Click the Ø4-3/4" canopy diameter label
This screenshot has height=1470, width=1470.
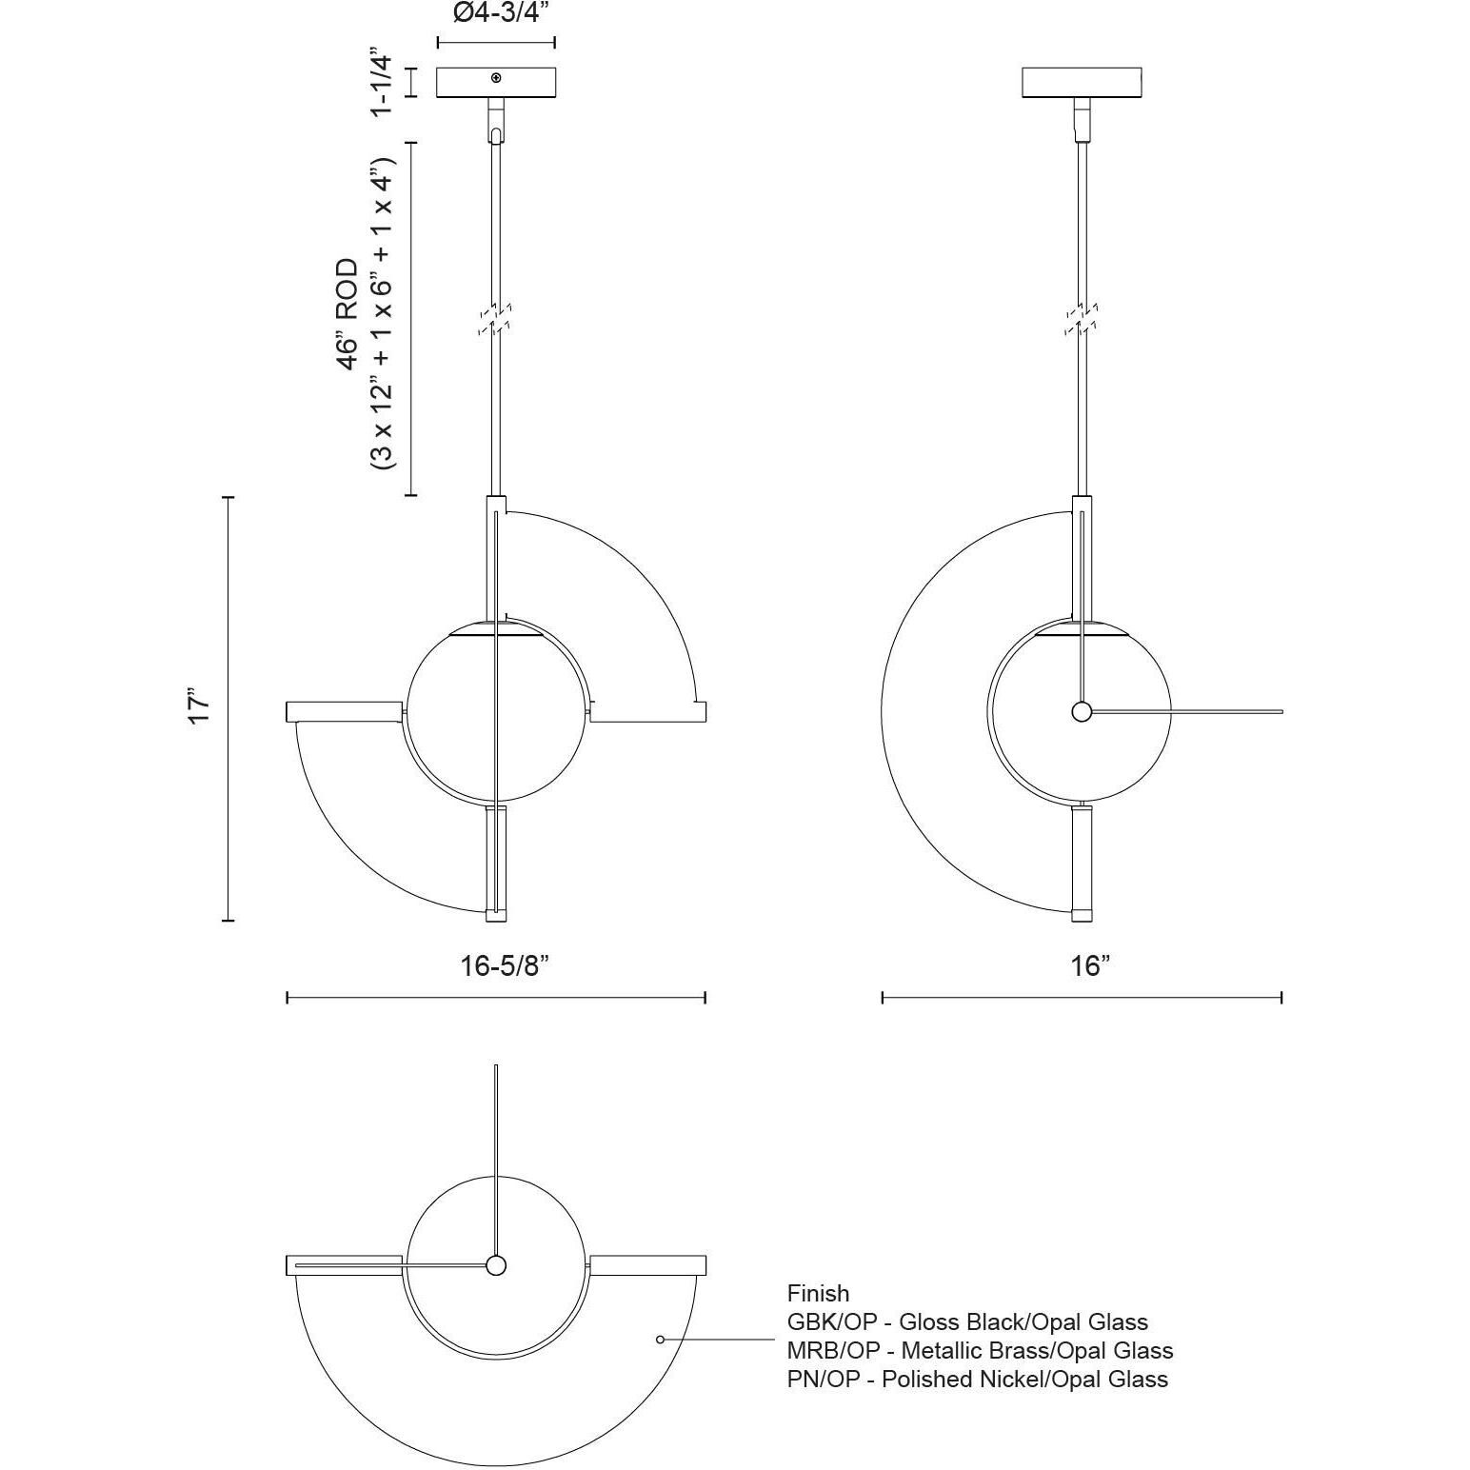[495, 14]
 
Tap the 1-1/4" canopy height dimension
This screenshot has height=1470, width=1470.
[381, 81]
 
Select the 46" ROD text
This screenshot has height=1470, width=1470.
[348, 314]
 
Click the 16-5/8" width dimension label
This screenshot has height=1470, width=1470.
[505, 966]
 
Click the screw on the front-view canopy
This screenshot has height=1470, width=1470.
[496, 78]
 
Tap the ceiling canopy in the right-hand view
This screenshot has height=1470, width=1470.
[1082, 82]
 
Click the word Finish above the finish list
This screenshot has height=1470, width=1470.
[818, 1293]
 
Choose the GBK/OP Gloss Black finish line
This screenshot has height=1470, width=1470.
[967, 1321]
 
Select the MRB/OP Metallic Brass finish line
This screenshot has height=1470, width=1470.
[980, 1350]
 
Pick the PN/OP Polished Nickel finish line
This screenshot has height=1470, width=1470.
[977, 1379]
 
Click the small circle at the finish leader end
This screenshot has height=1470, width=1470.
[661, 1340]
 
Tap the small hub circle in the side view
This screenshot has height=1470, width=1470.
[1082, 711]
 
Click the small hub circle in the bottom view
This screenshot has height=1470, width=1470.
[496, 1265]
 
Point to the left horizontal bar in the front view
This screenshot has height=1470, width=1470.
[344, 711]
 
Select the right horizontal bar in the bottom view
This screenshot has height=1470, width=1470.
[647, 1265]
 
